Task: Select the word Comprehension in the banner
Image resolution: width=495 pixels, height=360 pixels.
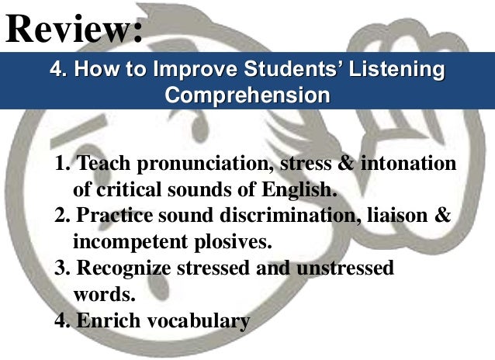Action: click(247, 96)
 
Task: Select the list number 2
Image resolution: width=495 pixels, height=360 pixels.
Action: click(62, 215)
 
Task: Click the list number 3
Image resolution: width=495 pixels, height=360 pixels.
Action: click(62, 268)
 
